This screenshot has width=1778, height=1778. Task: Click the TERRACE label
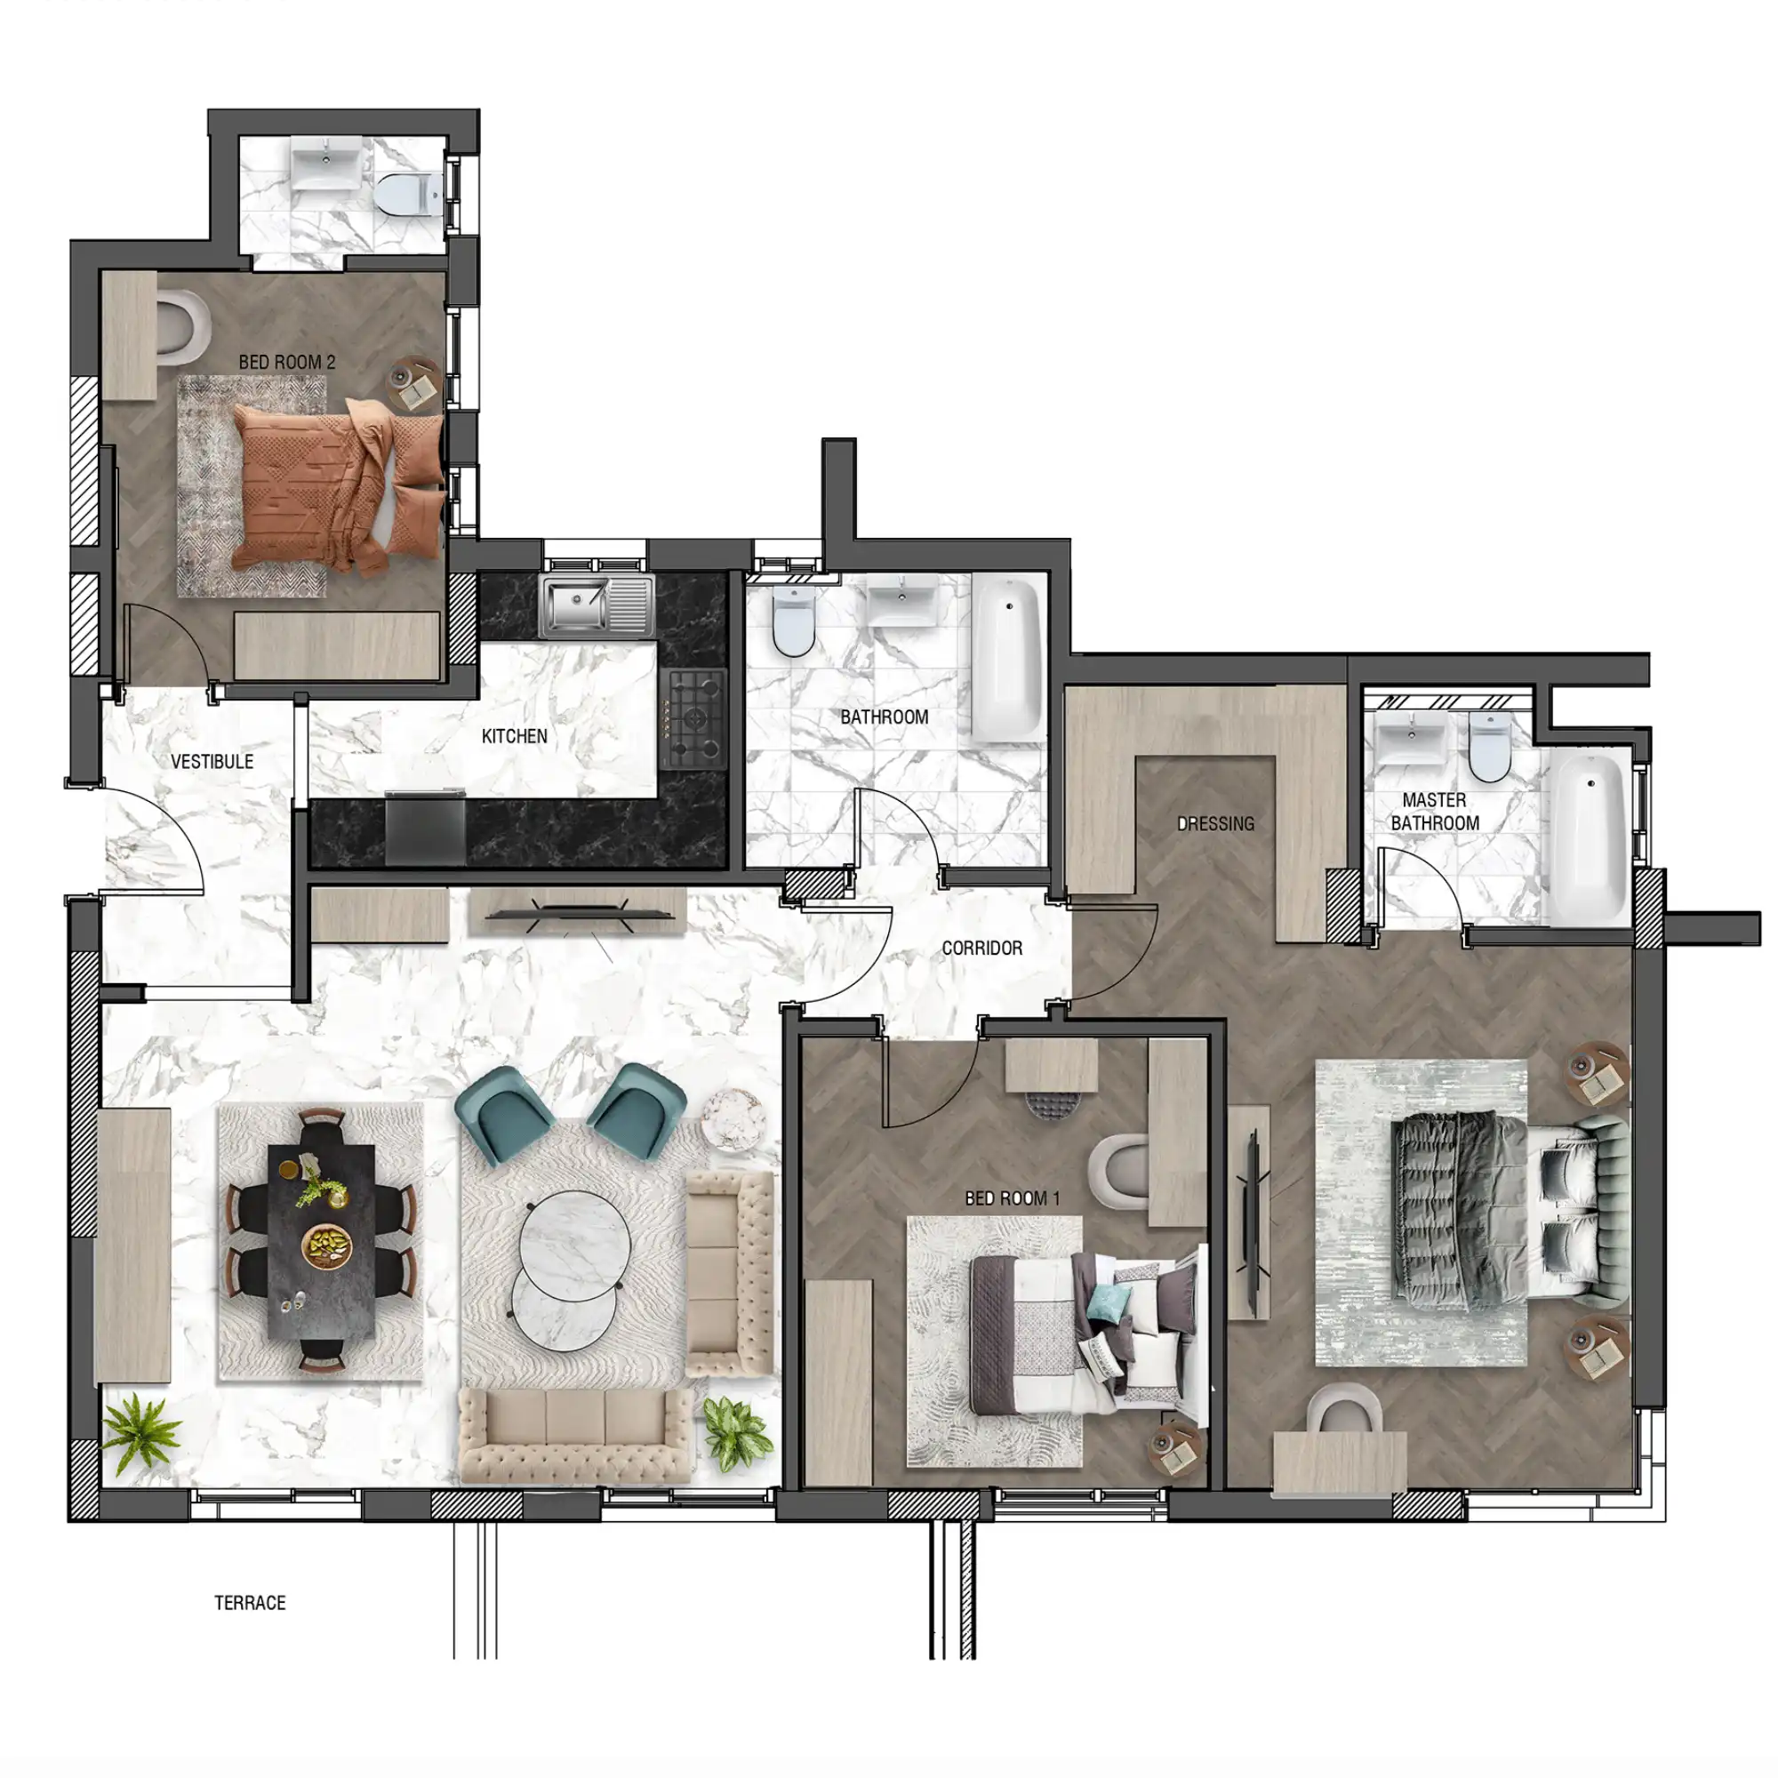(x=251, y=1602)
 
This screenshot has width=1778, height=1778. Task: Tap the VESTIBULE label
(x=212, y=761)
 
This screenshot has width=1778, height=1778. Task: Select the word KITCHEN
(x=515, y=735)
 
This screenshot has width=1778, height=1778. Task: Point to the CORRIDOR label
(x=982, y=947)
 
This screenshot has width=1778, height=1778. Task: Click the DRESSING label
(x=1215, y=824)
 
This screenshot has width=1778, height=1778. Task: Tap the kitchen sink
(x=597, y=605)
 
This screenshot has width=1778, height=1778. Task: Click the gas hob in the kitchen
(x=694, y=718)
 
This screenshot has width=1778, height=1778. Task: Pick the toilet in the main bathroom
(x=792, y=621)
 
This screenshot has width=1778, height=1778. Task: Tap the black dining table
(x=321, y=1238)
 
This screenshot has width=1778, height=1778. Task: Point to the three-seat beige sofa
(x=577, y=1435)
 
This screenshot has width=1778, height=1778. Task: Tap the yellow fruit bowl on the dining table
(x=329, y=1245)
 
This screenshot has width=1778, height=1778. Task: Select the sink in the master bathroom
(x=1410, y=738)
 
